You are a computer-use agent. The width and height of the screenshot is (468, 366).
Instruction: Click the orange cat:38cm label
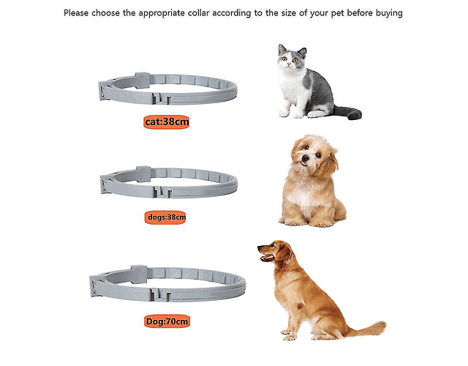point(166,122)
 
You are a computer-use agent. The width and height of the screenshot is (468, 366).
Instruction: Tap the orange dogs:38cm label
point(165,217)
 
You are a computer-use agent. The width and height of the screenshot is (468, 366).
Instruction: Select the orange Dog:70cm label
point(167,321)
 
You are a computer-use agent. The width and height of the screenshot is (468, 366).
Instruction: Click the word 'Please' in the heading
point(76,13)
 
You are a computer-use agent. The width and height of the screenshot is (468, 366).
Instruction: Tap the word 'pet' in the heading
point(338,13)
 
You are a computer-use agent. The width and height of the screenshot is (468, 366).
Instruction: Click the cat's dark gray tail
point(349,112)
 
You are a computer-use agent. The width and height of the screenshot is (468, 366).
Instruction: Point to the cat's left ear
point(282,49)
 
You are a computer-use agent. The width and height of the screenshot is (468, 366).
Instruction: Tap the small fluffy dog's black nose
point(305,158)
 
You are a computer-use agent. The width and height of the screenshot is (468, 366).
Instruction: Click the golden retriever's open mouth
point(266,258)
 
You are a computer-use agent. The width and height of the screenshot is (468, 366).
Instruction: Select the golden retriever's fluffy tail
point(369,329)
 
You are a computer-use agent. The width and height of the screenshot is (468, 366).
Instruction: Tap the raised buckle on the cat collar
point(142,80)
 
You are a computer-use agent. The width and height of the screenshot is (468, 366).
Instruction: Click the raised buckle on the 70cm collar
point(139,274)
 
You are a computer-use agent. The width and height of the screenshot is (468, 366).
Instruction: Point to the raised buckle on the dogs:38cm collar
point(143,174)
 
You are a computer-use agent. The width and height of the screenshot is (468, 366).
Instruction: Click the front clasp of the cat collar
point(162,98)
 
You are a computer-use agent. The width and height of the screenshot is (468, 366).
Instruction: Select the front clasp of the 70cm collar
point(161,294)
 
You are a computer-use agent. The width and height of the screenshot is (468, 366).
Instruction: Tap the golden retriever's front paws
point(287,335)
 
